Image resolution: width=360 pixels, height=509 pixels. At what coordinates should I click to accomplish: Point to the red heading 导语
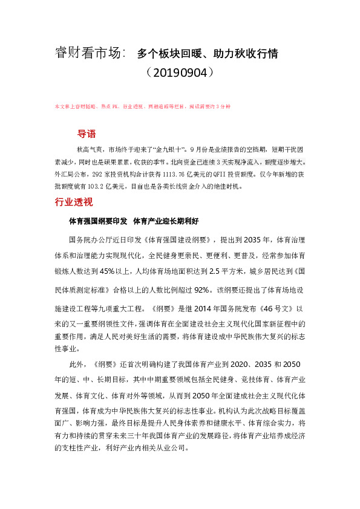87,134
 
